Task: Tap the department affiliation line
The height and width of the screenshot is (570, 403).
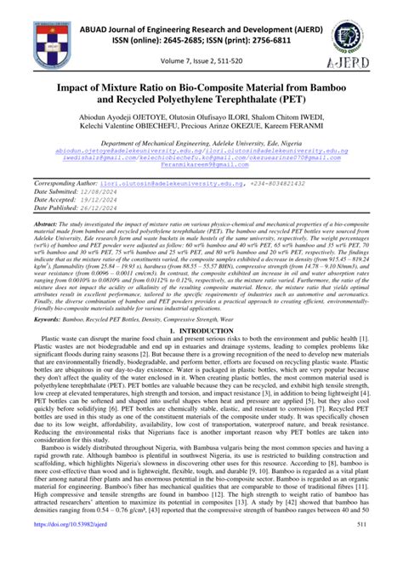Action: coord(201,145)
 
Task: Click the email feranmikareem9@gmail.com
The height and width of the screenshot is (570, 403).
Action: coord(201,166)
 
